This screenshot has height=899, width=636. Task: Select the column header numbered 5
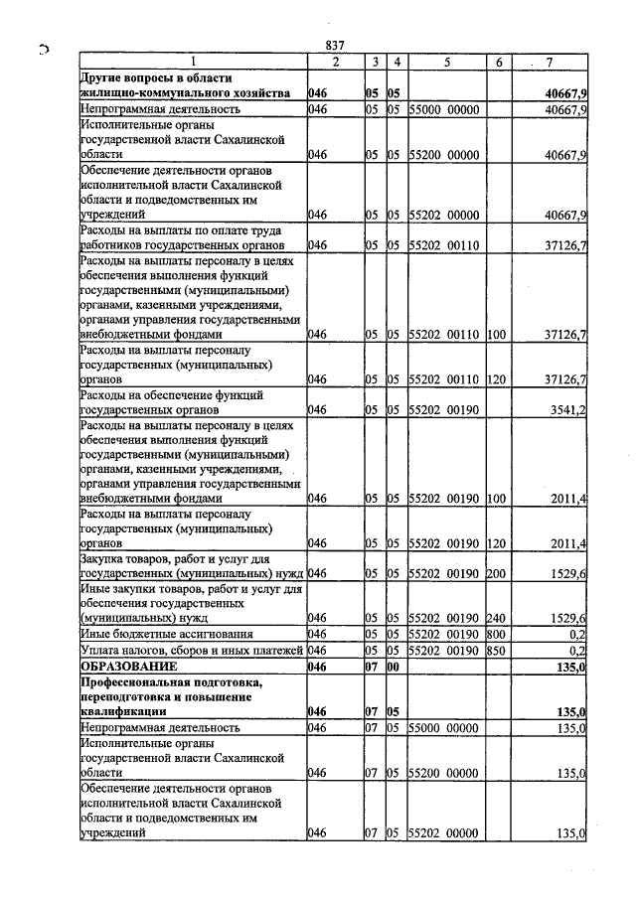click(x=446, y=63)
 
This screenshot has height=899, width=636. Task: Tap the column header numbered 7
click(x=550, y=63)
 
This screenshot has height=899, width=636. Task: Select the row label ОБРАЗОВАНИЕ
click(x=130, y=667)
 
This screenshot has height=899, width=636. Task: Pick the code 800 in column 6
click(x=497, y=633)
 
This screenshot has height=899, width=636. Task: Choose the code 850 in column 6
click(x=497, y=650)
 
